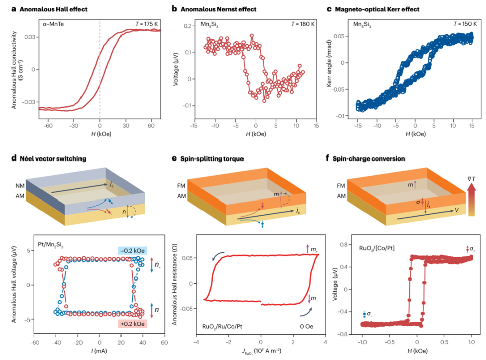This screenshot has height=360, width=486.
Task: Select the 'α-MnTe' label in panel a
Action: click(x=53, y=24)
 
